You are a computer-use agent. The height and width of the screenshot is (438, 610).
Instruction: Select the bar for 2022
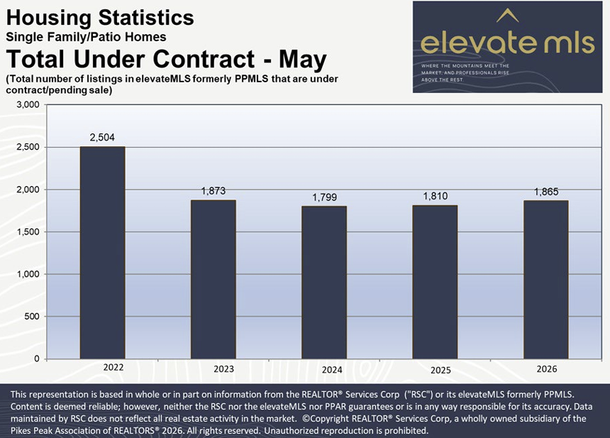[x=102, y=253]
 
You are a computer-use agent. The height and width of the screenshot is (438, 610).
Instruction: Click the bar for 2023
[x=213, y=279]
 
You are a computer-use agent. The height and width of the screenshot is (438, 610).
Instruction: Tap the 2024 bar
[x=324, y=283]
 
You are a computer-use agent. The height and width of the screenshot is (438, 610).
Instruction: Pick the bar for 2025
[x=435, y=282]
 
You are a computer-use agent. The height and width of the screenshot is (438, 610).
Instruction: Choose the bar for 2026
[x=546, y=280]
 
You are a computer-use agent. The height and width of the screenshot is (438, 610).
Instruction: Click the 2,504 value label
[x=102, y=138]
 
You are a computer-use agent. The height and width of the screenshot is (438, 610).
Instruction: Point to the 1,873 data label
[x=213, y=191]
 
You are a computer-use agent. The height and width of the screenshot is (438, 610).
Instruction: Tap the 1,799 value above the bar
[x=324, y=197]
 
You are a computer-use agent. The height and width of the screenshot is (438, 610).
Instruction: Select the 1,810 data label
[x=436, y=196]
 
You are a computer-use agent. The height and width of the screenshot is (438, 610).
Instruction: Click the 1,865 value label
[x=546, y=192]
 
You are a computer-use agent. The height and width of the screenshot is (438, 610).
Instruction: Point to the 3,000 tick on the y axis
[x=28, y=105]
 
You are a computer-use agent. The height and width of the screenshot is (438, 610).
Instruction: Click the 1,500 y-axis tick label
[x=28, y=231]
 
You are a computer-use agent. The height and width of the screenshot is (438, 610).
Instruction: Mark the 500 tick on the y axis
[x=32, y=317]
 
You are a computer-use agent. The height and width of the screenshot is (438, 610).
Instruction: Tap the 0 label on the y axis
[x=37, y=358]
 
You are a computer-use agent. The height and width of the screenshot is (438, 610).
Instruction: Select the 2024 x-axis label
[x=332, y=370]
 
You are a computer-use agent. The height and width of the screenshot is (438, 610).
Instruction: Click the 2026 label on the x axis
[x=547, y=369]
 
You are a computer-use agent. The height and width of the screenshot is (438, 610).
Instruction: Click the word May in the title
[x=303, y=60]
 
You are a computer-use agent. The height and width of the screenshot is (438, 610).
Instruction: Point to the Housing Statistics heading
[x=100, y=18]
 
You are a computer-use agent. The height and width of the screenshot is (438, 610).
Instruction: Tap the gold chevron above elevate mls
[x=508, y=16]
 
